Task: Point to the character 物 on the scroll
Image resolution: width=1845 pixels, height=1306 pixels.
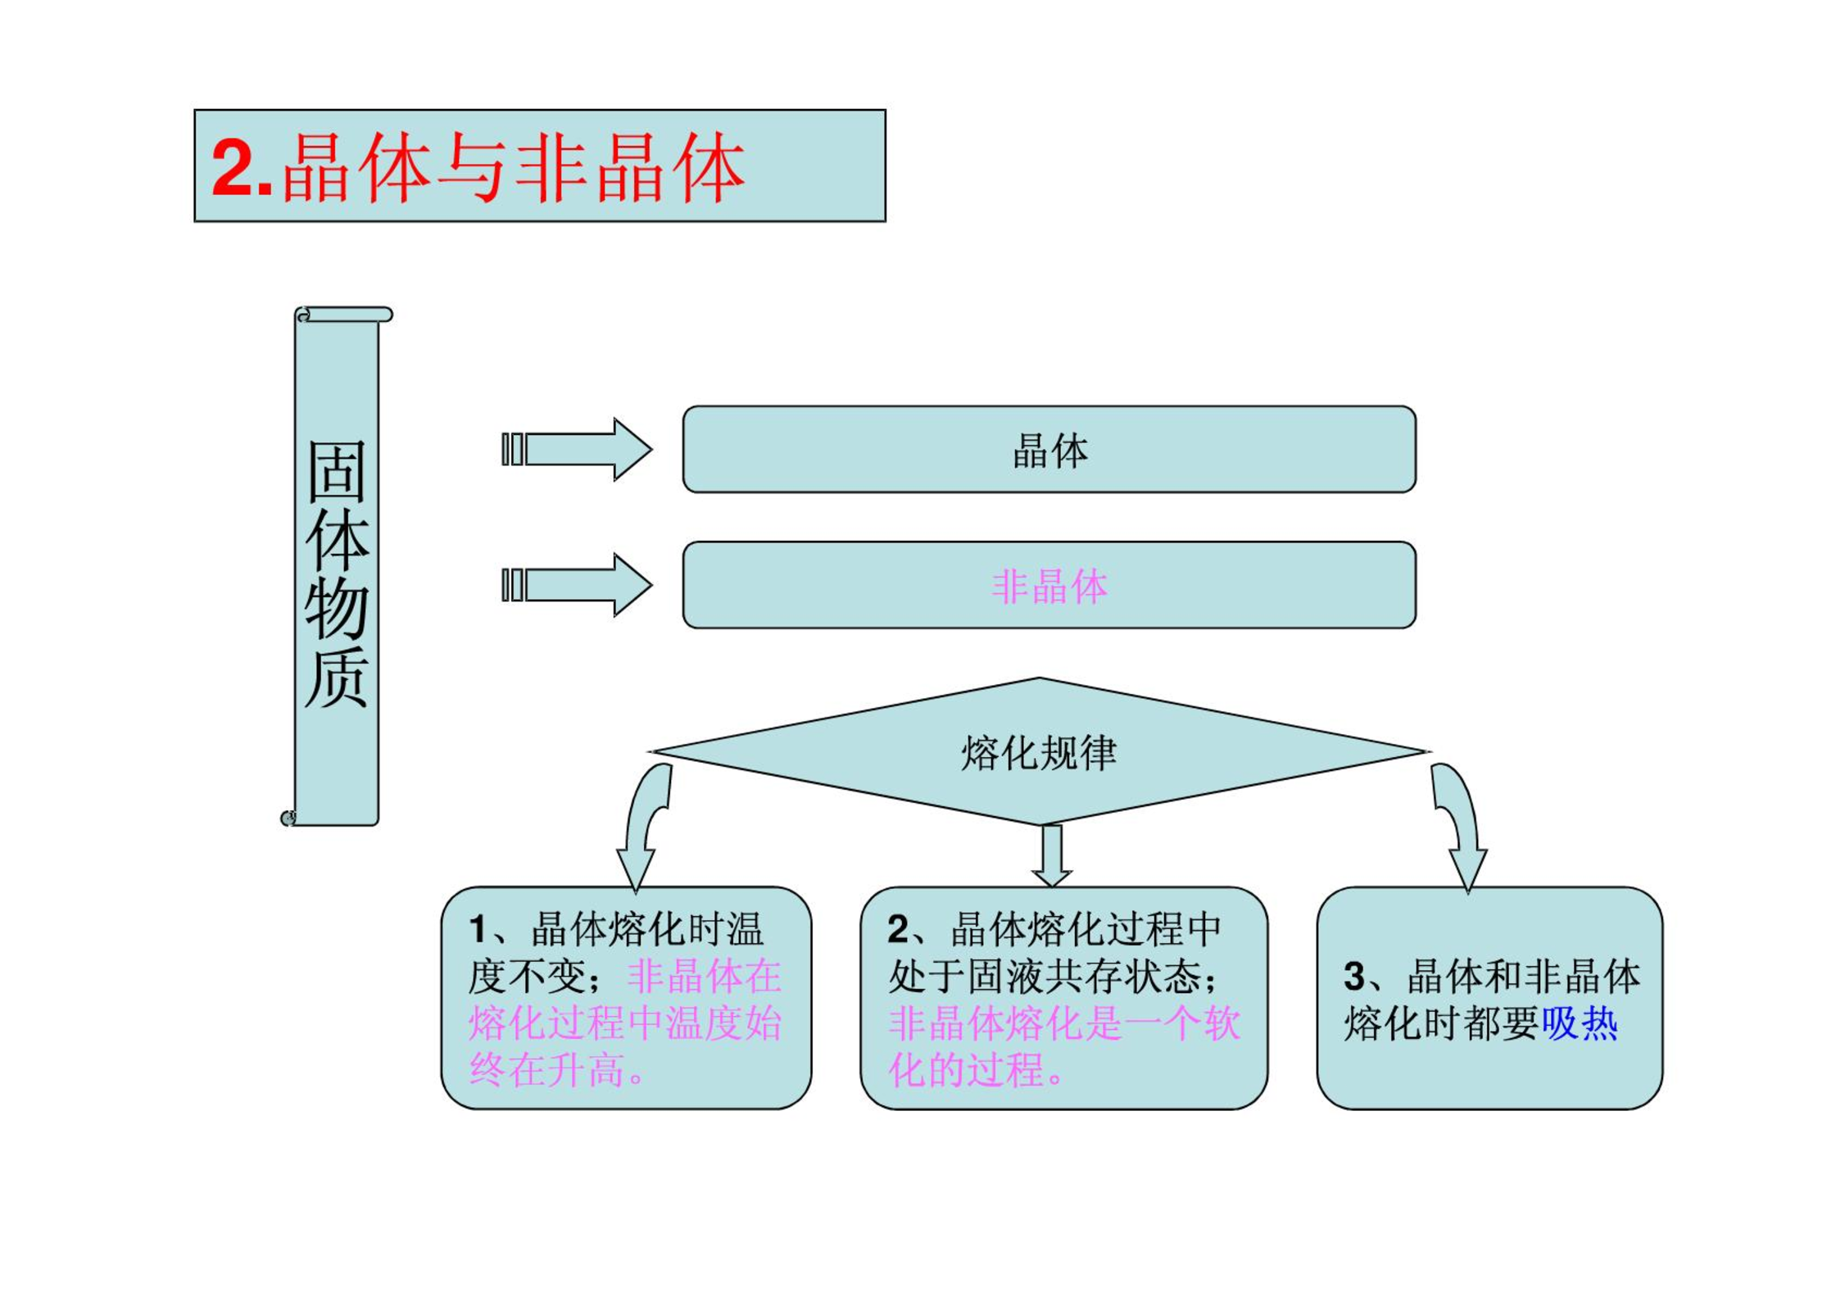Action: [336, 608]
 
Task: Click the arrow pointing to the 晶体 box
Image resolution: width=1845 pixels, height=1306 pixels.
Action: [576, 449]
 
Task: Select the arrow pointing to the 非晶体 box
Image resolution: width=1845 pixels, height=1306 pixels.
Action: [576, 585]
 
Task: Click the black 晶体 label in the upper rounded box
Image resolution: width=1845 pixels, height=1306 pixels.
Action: [1049, 451]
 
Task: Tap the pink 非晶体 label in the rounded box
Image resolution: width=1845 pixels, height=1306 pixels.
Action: [1049, 587]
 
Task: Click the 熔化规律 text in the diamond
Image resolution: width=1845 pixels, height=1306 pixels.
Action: [1038, 752]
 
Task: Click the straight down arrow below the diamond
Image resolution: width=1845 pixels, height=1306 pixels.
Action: [1053, 855]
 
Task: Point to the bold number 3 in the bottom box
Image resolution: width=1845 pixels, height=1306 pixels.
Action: [1354, 976]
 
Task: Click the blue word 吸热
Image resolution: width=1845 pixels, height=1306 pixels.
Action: [1580, 1023]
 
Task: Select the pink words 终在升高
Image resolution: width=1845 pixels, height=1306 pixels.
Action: [547, 1070]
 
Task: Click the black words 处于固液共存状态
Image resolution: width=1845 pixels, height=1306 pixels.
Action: [1045, 976]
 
